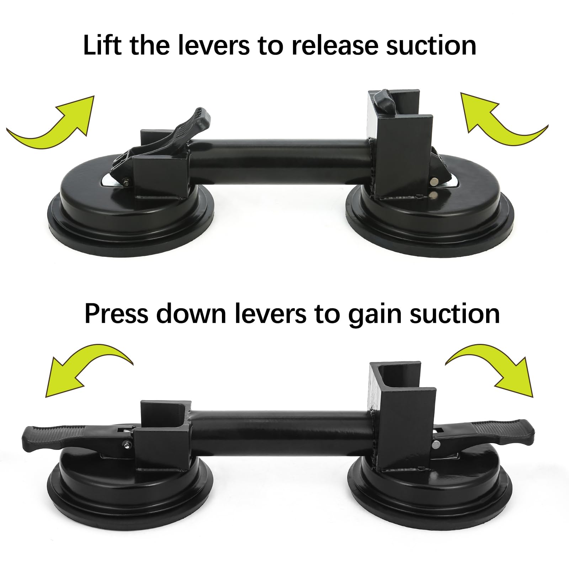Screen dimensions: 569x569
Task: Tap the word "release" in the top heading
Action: coord(336,46)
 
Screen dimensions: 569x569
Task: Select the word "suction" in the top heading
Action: coord(431,46)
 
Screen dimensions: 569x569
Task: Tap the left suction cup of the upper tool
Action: coord(132,220)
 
